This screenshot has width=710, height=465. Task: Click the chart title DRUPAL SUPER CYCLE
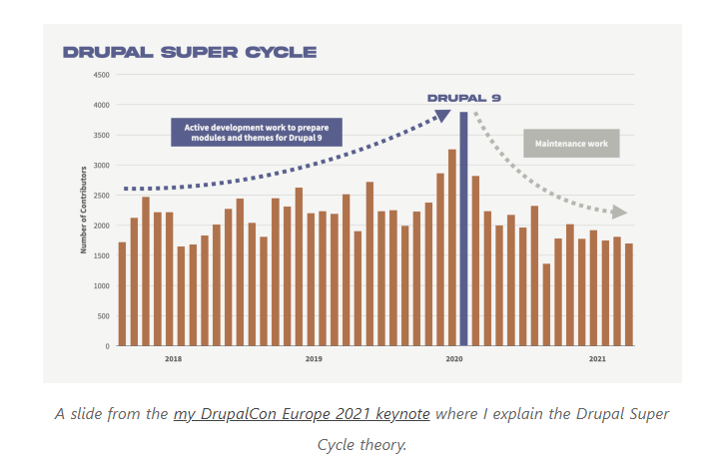coord(190,52)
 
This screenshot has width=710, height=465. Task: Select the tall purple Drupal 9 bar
coord(463,230)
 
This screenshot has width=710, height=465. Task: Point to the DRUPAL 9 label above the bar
coord(463,98)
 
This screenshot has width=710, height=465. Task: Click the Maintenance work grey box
coord(571,144)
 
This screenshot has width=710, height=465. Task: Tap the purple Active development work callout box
coord(257,132)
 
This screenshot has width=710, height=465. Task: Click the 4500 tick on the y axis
coord(102,75)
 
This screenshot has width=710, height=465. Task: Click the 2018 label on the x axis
coord(173,358)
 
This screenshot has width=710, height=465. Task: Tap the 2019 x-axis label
coord(314,358)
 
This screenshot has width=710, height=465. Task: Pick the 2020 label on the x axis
coord(454,358)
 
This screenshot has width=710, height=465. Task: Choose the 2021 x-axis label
coord(596,358)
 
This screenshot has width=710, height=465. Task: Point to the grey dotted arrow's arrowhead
coord(620,212)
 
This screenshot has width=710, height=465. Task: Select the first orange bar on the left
coord(122,294)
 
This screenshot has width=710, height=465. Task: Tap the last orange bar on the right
coord(628,295)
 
